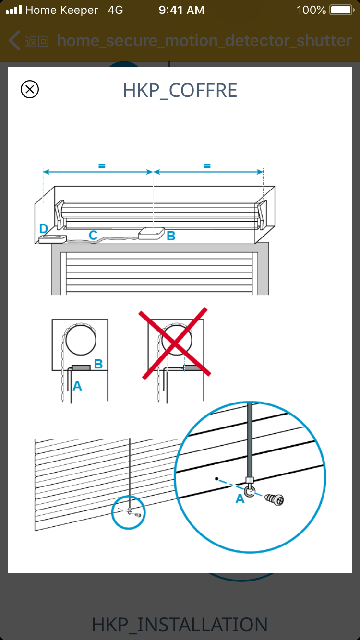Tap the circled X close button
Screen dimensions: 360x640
30,89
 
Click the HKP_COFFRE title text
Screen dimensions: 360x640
180,91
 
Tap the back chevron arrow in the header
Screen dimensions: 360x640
14,40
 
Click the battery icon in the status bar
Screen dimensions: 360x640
342,10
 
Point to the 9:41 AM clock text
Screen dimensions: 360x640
181,10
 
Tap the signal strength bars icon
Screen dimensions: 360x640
14,10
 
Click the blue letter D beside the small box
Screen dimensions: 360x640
44,228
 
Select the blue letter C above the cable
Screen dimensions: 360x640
93,235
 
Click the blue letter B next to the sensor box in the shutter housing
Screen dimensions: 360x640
171,236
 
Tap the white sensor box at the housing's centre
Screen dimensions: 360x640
151,233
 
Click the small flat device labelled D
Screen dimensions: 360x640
53,239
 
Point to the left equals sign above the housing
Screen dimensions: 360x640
102,166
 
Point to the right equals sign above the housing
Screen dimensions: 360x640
207,166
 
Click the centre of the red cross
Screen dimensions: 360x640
174,343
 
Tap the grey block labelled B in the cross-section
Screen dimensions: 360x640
81,367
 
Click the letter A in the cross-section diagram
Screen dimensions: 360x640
77,386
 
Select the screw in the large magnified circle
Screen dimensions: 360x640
274,499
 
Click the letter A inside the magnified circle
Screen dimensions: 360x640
240,499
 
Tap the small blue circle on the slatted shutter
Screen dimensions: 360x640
128,512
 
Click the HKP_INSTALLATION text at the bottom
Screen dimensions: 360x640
180,625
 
